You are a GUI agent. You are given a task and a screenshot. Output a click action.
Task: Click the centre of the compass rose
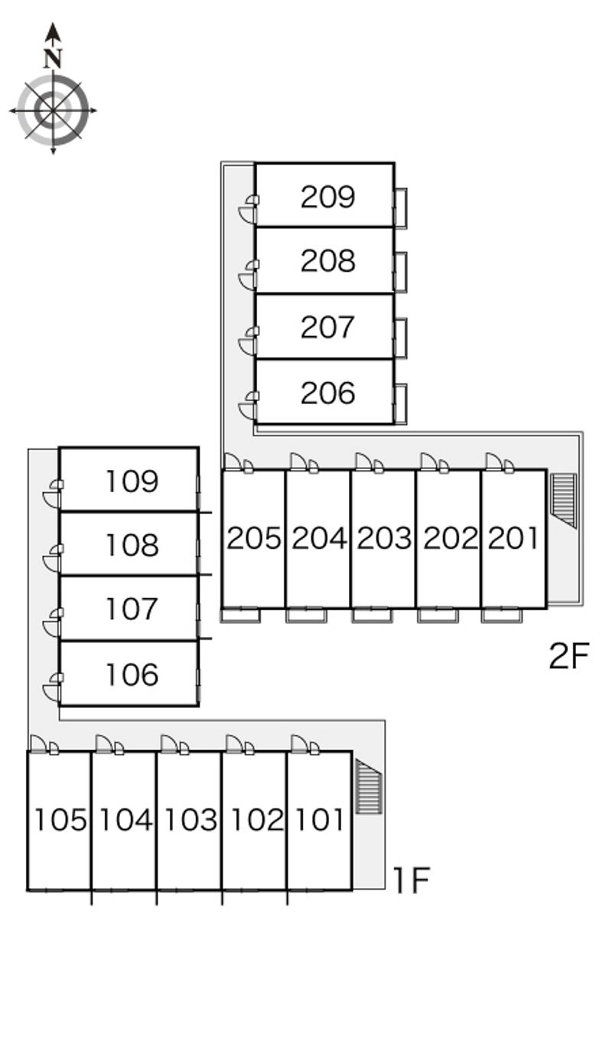[x=53, y=110]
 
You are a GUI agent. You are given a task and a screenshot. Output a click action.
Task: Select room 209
[x=327, y=197]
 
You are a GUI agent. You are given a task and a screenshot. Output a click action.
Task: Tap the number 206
[x=327, y=393]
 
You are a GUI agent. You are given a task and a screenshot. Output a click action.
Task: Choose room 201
[x=513, y=538]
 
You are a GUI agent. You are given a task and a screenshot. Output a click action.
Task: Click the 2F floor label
[x=569, y=656]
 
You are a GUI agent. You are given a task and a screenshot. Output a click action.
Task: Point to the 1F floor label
[x=411, y=880]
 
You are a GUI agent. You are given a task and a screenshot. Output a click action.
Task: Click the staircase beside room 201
[x=564, y=500]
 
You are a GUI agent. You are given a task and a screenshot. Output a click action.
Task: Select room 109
[x=132, y=481]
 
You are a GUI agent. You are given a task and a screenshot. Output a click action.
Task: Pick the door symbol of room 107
[x=52, y=625]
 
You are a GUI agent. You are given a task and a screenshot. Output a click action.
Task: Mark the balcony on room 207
[x=400, y=338]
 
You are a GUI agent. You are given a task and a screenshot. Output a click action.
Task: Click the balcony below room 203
[x=373, y=615]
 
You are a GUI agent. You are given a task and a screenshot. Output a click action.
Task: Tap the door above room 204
[x=300, y=462]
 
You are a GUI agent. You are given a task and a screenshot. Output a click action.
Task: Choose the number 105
[x=60, y=820]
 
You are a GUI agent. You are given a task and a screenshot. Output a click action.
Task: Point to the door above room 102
[x=236, y=744]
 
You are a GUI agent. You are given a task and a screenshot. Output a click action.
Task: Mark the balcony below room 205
[x=241, y=615]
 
